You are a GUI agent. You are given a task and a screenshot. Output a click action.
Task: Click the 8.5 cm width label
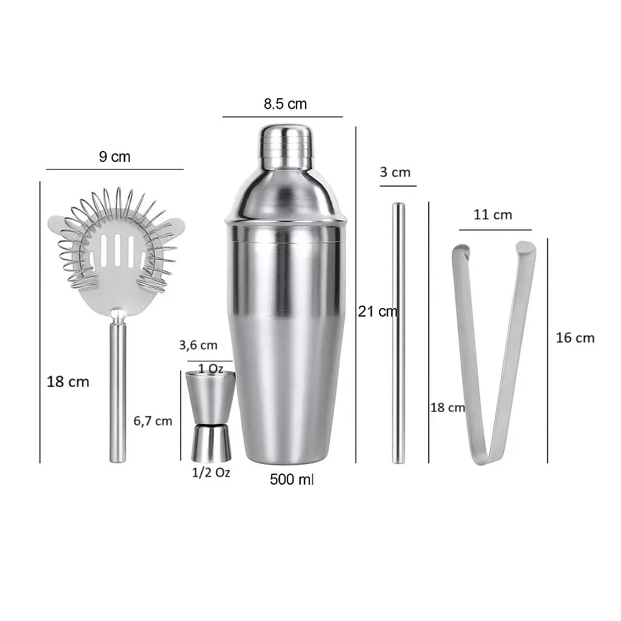[285, 104]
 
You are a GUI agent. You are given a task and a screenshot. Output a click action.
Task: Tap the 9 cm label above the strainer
[115, 157]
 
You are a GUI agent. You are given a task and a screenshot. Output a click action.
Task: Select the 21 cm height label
[377, 311]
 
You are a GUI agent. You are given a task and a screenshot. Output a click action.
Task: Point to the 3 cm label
[395, 172]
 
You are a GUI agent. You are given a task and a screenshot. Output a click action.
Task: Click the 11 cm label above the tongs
[492, 215]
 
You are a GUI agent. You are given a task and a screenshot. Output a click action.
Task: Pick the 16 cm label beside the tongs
[575, 338]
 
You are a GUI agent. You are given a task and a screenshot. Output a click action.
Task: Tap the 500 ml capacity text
[292, 479]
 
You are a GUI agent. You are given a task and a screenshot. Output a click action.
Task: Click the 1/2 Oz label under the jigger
[211, 472]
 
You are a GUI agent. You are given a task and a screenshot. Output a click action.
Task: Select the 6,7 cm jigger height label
[153, 421]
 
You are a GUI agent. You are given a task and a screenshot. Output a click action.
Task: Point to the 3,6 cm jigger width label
[198, 345]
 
